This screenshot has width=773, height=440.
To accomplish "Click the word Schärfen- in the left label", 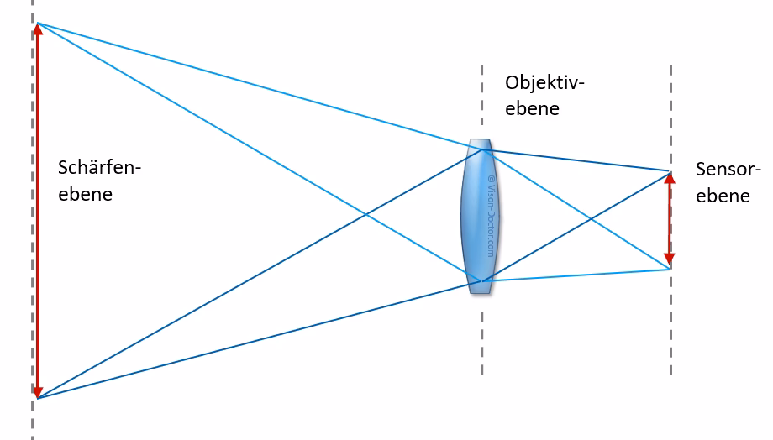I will [99, 168].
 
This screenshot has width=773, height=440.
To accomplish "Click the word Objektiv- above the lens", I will [544, 82].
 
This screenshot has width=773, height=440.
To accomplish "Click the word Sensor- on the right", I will [728, 170].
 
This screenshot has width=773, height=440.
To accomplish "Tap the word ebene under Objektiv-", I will [532, 108].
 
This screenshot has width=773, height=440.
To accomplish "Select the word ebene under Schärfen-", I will [85, 195].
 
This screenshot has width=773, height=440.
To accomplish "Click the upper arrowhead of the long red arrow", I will [37, 30].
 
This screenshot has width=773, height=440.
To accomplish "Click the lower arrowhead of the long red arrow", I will [37, 390].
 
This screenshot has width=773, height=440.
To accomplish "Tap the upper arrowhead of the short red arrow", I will [670, 177].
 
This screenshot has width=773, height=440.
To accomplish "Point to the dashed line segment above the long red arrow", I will [33, 10].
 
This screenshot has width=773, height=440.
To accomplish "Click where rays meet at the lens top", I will [483, 149].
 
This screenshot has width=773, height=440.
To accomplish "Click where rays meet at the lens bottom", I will [481, 280].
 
